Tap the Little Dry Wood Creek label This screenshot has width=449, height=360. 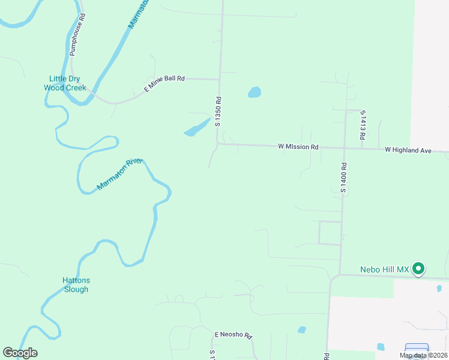[x=65, y=83]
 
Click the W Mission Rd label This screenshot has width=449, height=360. [x=298, y=146]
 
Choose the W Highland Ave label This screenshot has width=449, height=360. [x=408, y=149]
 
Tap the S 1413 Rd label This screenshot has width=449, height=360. [x=363, y=125]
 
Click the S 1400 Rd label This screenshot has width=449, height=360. [x=344, y=177]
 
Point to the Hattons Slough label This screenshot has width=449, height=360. [x=76, y=284]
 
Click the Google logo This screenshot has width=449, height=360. [x=20, y=353]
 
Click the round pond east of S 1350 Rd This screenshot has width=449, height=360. [x=255, y=92]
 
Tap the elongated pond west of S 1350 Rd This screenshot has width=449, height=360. [x=197, y=128]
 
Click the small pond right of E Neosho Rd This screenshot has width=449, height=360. [x=301, y=329]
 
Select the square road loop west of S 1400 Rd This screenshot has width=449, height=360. [x=329, y=233]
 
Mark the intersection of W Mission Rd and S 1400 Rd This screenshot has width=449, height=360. [x=345, y=148]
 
